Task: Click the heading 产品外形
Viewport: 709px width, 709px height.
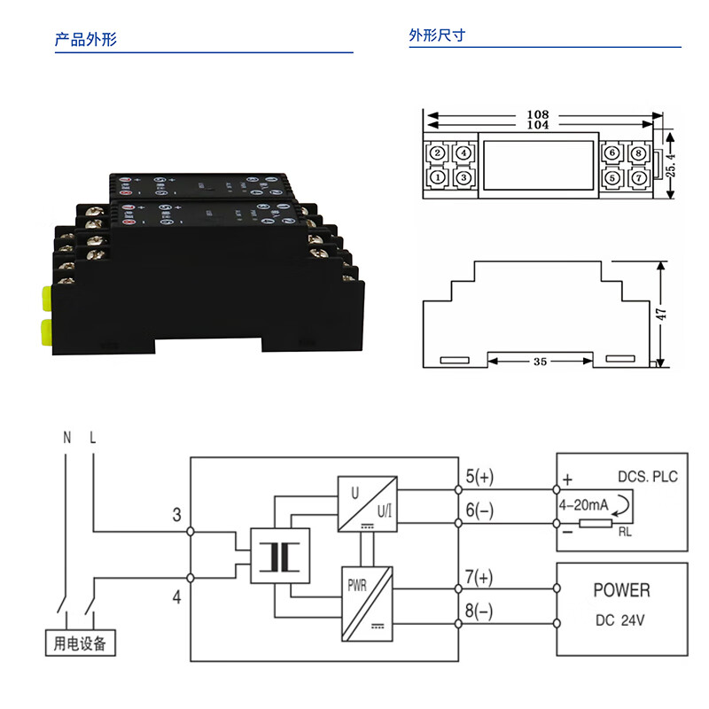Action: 86,40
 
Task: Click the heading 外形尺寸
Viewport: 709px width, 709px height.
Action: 437,36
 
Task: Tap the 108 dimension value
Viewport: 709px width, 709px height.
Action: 538,114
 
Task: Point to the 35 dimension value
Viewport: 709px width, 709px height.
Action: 541,362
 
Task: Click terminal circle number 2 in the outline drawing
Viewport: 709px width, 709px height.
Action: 437,153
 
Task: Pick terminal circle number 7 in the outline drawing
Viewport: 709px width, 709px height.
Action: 639,177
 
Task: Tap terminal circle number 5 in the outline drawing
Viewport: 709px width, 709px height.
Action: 612,177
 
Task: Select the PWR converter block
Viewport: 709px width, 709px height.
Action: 366,604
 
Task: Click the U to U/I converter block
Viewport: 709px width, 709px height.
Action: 366,503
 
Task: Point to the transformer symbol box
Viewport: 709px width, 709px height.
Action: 281,557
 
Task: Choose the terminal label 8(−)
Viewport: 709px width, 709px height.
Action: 479,612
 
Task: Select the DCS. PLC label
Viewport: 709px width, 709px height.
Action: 647,477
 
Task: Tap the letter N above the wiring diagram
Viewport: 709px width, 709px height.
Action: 66,438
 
